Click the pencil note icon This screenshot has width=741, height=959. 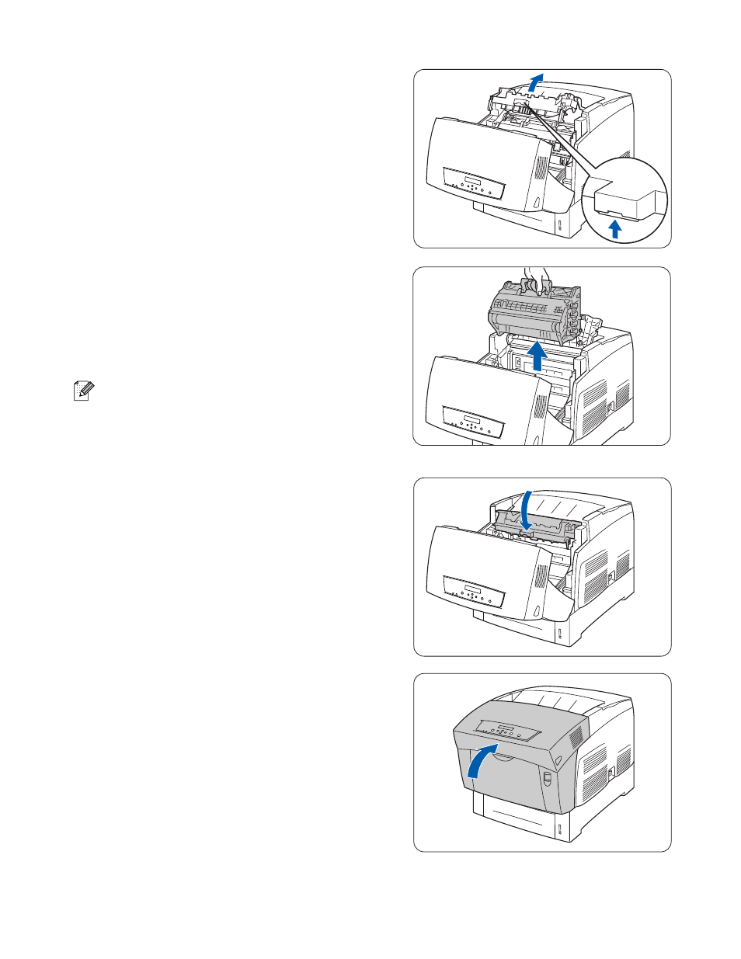(82, 391)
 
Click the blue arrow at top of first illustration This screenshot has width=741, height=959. (535, 81)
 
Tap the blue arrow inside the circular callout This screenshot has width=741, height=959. (615, 228)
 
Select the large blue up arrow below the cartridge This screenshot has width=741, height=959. (536, 357)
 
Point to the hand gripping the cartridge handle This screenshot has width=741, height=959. (535, 276)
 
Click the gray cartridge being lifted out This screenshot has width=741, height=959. (534, 314)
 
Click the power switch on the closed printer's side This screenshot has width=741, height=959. (612, 771)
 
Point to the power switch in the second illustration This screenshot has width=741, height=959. (611, 405)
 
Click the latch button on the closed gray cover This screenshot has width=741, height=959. (546, 778)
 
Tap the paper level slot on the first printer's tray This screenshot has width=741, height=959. (558, 226)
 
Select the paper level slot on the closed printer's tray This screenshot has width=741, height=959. (558, 829)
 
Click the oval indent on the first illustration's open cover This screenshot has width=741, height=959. (537, 203)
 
